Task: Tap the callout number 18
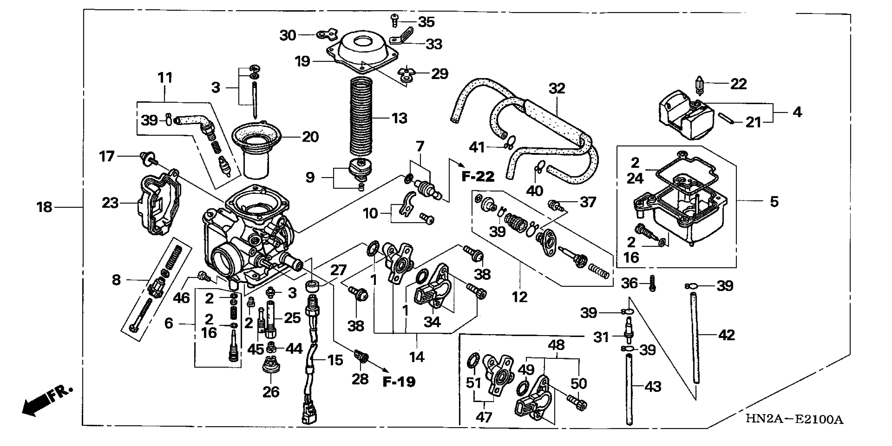coord(44,207)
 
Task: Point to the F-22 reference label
coord(478,177)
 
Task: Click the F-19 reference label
coord(399,382)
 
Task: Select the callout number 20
coord(310,137)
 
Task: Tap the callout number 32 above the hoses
coord(557,89)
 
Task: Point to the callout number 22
coord(738,84)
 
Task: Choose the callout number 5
coord(774,202)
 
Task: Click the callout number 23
coord(110,203)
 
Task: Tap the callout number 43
coord(653,386)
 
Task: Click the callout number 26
coord(271,392)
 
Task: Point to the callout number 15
coord(335,360)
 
